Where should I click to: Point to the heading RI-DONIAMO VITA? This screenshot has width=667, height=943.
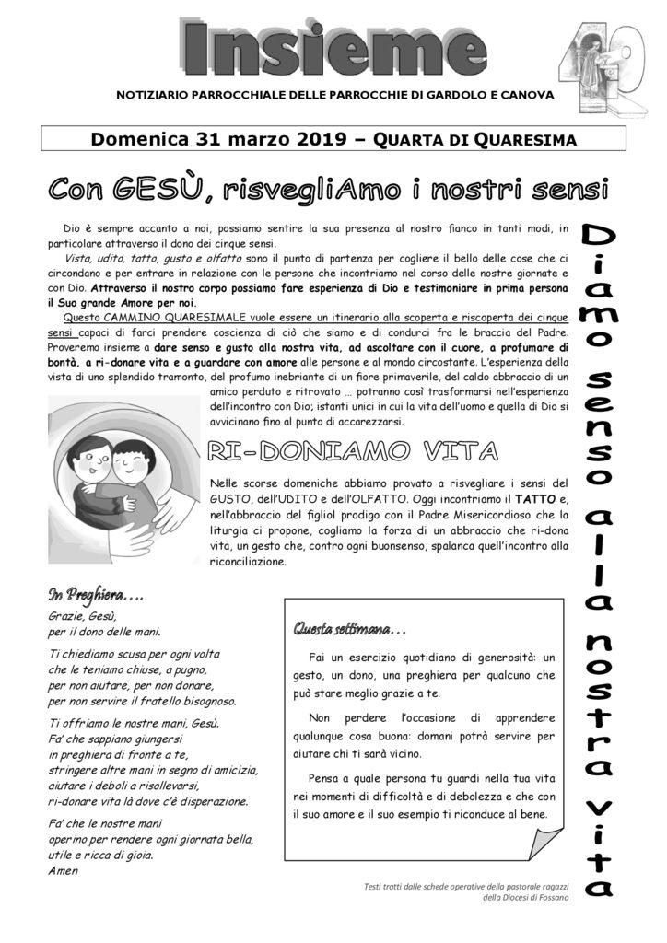354,450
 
